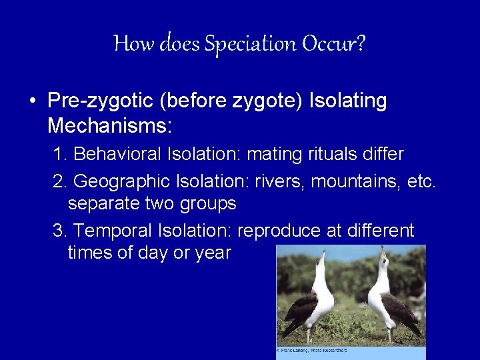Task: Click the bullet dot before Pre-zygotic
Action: [x=33, y=102]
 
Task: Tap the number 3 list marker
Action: [x=59, y=231]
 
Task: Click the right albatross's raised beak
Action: [x=382, y=252]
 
